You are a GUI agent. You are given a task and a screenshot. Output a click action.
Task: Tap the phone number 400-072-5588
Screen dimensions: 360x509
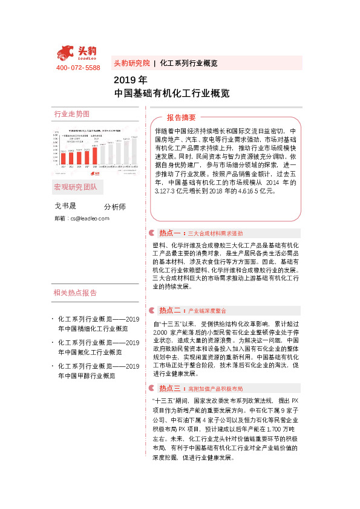78,68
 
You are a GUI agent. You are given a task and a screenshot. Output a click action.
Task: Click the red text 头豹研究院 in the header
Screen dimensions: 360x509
131,63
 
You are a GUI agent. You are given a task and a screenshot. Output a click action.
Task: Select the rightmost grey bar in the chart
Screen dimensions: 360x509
134,151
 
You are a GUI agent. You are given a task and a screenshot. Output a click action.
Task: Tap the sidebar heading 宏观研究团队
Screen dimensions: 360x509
75,187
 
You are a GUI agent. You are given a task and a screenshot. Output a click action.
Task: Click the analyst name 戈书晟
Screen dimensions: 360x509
66,206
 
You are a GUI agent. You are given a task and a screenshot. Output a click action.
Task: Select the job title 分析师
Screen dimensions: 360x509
115,207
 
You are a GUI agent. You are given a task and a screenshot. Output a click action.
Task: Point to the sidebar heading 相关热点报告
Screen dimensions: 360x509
75,293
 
